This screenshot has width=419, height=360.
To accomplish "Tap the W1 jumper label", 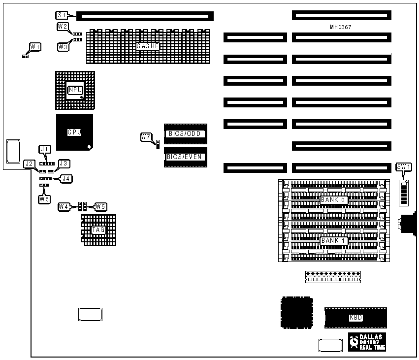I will (35, 47).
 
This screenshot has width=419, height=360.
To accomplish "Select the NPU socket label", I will (75, 90).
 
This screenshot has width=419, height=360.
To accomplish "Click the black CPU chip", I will (74, 132).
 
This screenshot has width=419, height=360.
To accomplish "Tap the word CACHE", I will (148, 46).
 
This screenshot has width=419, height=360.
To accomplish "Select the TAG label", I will (98, 229).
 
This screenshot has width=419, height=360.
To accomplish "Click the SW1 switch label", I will (403, 167).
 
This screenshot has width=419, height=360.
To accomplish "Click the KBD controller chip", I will (355, 318).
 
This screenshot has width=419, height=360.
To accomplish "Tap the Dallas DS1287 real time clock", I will (367, 342).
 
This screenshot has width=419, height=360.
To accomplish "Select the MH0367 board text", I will (341, 27).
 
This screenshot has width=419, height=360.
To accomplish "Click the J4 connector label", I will (65, 178).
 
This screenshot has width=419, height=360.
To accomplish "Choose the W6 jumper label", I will (45, 199).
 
